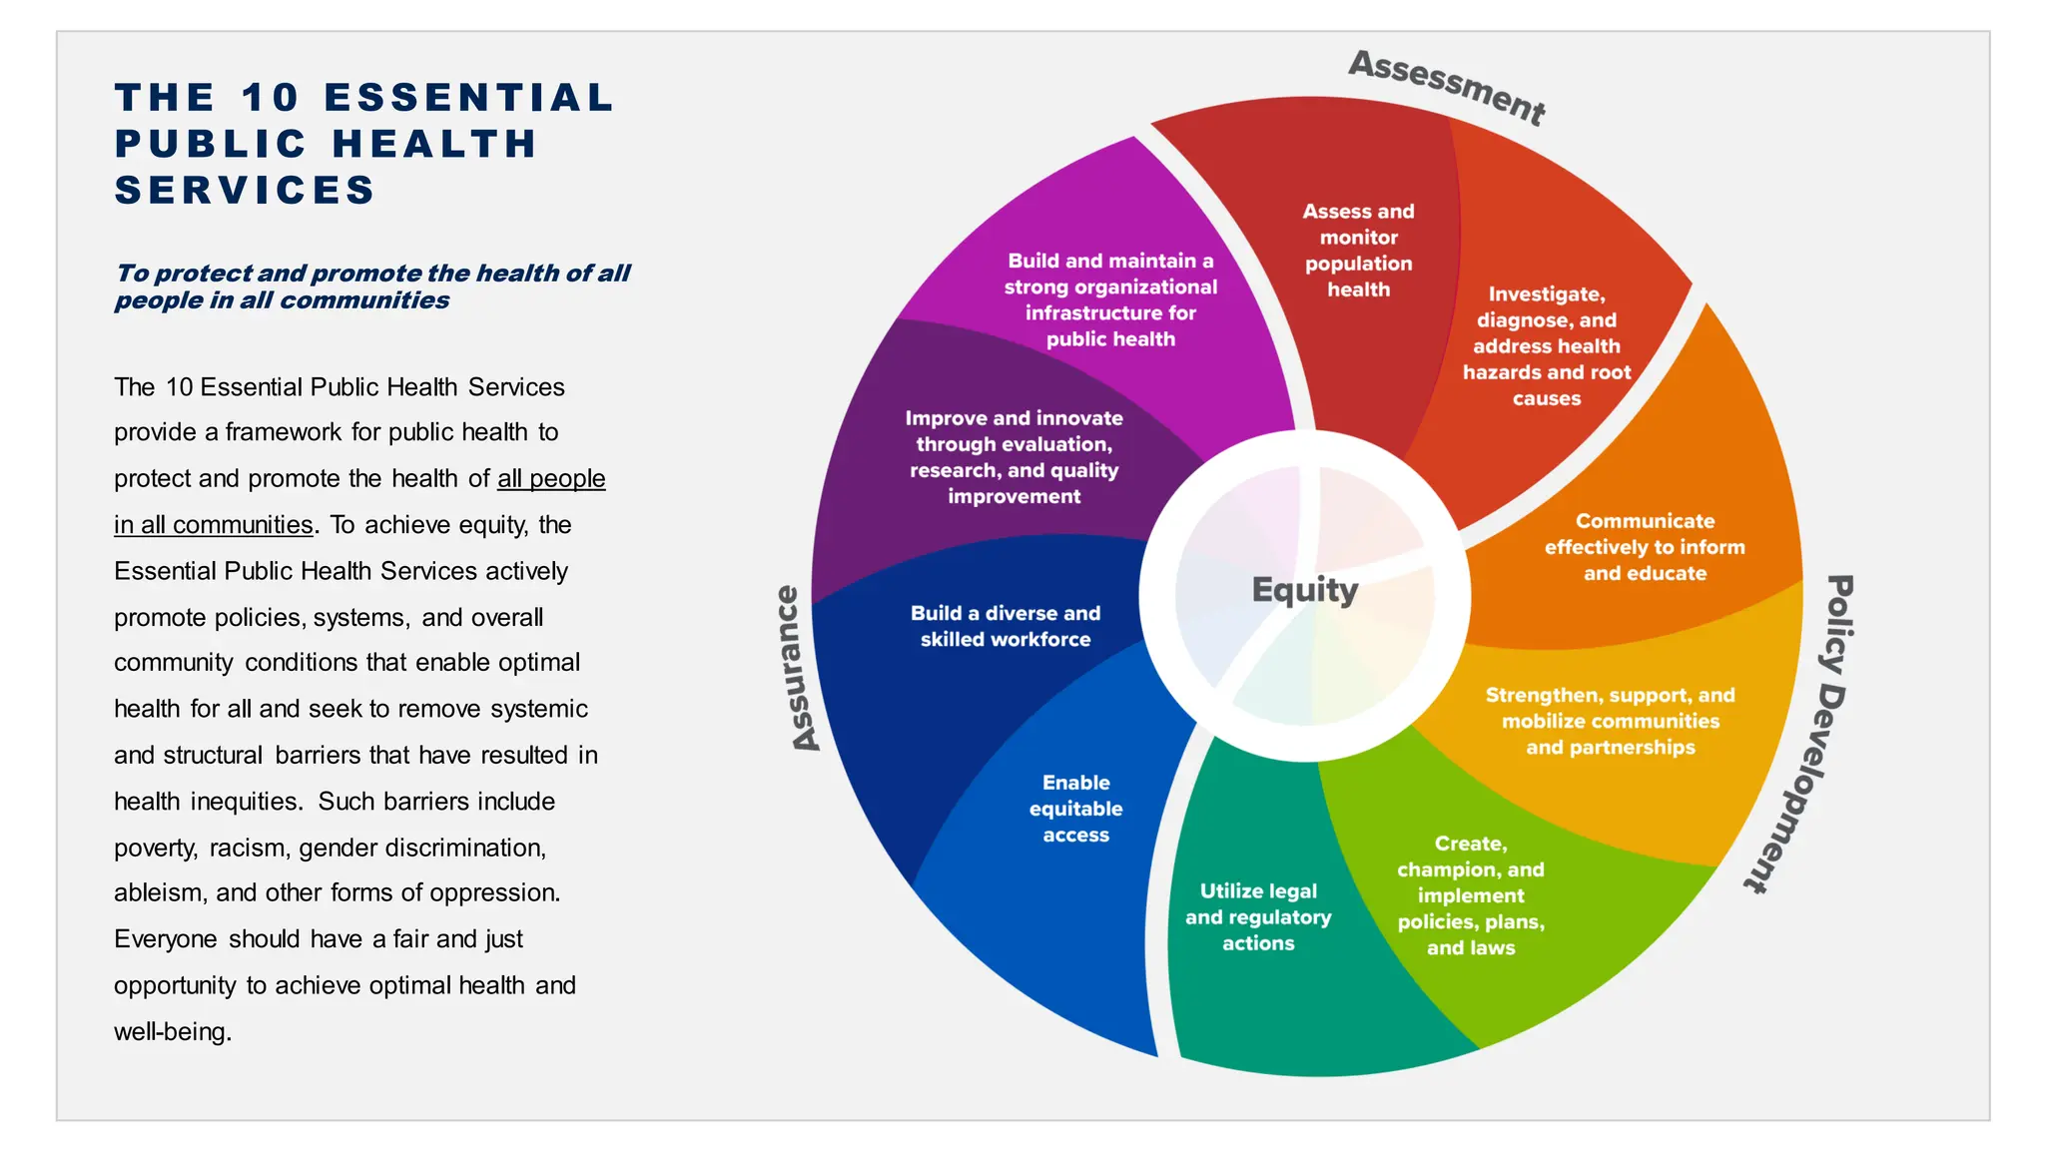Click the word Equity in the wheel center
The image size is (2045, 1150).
[x=1304, y=590]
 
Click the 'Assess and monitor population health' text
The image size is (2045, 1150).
[x=1358, y=251]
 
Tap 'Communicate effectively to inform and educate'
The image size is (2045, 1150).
[x=1645, y=547]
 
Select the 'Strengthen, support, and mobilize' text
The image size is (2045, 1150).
[x=1610, y=721]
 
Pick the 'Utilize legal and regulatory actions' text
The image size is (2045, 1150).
[x=1258, y=916]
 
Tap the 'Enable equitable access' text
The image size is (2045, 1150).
[x=1075, y=809]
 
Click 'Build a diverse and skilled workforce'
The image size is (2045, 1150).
[x=1006, y=626]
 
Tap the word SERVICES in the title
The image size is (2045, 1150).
[x=245, y=190]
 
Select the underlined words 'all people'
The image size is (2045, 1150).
[x=551, y=478]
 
